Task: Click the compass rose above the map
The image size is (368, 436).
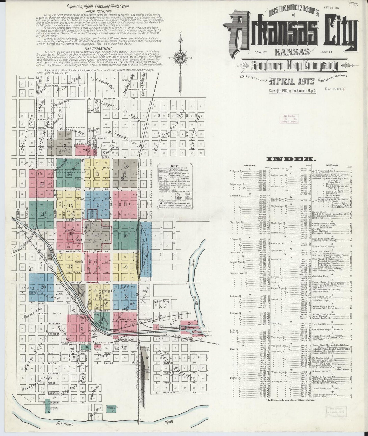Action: pos(181,59)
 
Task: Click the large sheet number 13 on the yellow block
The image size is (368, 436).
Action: pos(97,174)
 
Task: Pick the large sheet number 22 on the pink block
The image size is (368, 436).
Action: pos(42,183)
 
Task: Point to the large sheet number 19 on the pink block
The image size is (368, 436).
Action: pos(81,328)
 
